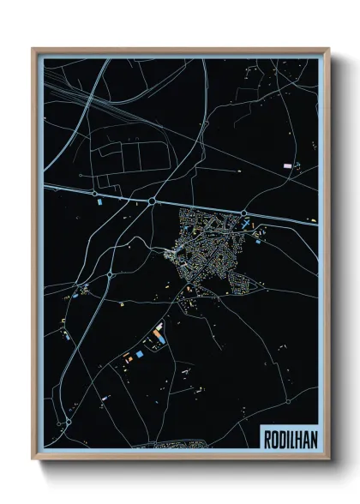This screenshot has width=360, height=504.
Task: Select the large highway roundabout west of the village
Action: coord(152,201)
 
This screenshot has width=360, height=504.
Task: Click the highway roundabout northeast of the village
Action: coord(244,213)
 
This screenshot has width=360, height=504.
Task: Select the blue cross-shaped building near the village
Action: coord(247,225)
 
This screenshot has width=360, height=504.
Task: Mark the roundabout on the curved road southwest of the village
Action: coord(111,275)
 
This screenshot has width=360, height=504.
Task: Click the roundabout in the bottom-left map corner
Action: coord(68,423)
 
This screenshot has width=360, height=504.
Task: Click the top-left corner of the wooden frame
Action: coord(33,49)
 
